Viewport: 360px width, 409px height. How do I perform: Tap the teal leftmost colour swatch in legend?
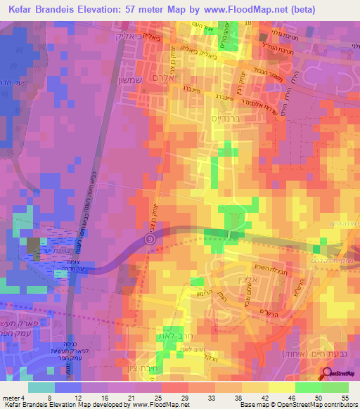coord(41,387)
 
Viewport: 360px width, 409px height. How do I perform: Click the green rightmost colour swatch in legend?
coord(336,387)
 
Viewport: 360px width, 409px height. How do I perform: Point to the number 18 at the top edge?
coord(248,25)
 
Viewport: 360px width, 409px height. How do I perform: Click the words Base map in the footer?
coord(266,405)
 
